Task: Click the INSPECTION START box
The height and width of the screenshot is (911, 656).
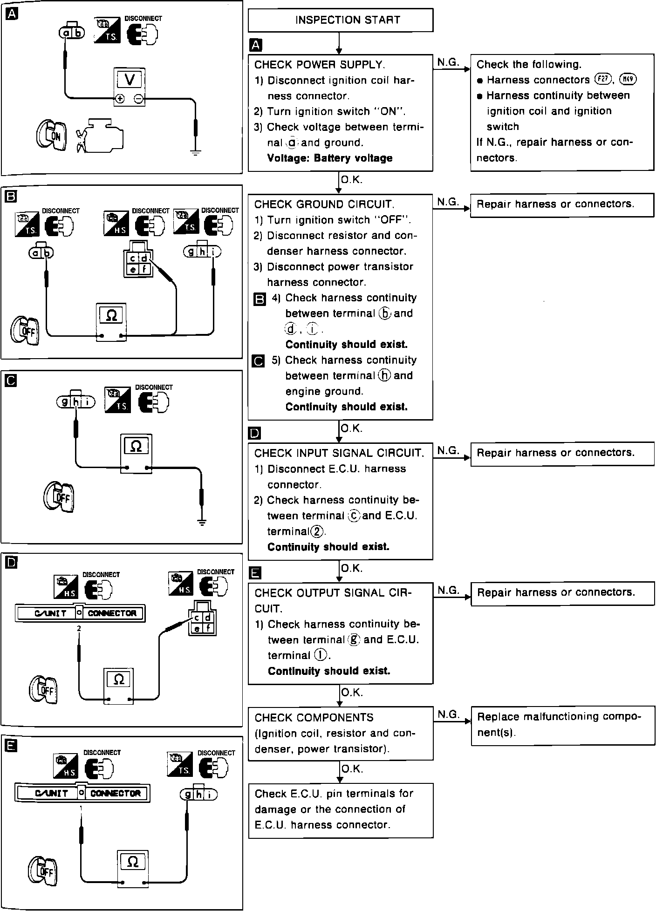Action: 340,20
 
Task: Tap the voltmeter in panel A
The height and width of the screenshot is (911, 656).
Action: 130,87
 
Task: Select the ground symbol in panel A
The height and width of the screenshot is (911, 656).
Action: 195,152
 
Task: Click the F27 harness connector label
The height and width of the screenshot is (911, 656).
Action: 603,79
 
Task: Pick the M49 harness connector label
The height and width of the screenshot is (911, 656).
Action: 628,79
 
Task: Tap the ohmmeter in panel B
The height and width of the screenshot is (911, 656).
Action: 111,322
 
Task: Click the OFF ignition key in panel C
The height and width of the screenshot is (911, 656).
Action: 59,497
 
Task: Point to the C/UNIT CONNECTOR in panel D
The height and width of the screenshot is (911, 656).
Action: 80,613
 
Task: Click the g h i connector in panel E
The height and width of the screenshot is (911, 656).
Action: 198,794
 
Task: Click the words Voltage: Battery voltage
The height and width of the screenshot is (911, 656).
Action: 329,158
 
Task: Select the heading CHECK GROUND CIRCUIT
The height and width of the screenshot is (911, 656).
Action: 324,204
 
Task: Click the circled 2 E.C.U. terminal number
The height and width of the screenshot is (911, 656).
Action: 318,531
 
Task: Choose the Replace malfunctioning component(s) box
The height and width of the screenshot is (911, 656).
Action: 563,725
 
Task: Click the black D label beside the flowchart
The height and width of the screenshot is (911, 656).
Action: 255,434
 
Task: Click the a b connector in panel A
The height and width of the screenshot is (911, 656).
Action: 72,33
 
